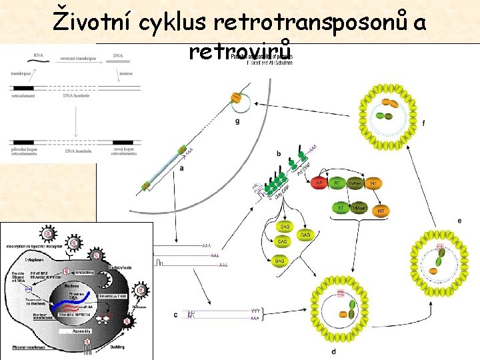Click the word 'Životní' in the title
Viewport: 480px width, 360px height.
(x=94, y=23)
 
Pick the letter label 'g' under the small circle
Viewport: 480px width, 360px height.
(x=237, y=121)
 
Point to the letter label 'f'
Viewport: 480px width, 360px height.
(x=424, y=123)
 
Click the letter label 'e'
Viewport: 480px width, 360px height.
(x=459, y=221)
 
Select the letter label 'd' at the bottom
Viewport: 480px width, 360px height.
(x=333, y=351)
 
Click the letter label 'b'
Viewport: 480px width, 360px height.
(x=278, y=154)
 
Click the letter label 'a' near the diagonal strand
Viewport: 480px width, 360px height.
(x=181, y=169)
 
